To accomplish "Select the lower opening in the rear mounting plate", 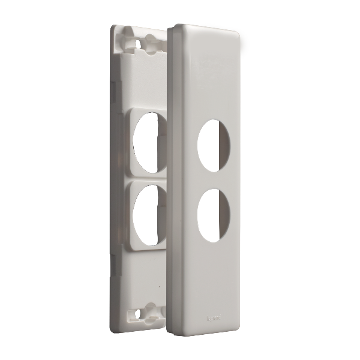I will [145, 215].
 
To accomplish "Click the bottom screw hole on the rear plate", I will [140, 313].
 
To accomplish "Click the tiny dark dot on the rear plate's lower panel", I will [158, 287].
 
